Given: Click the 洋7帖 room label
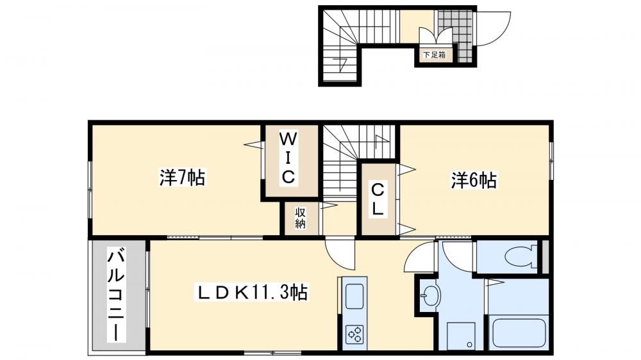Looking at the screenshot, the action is coord(182,177).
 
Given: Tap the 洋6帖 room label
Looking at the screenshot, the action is coord(474,180).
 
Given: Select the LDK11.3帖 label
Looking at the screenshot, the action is coord(253,292).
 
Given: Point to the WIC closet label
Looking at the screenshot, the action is coord(288,159).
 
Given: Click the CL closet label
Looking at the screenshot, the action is coord(378,200).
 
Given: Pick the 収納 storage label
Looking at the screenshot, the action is coord(301,218).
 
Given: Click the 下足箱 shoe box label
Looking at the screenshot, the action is coord(434,54).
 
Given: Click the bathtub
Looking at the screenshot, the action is coord(519,332).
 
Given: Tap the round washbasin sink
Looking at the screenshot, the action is coord(431,294).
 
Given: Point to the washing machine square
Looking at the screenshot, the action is coord(461,336).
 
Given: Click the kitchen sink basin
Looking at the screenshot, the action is coord(354,296).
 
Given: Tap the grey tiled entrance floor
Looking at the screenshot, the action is coord(457,35).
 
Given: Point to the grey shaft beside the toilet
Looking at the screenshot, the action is coord(545,257).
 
